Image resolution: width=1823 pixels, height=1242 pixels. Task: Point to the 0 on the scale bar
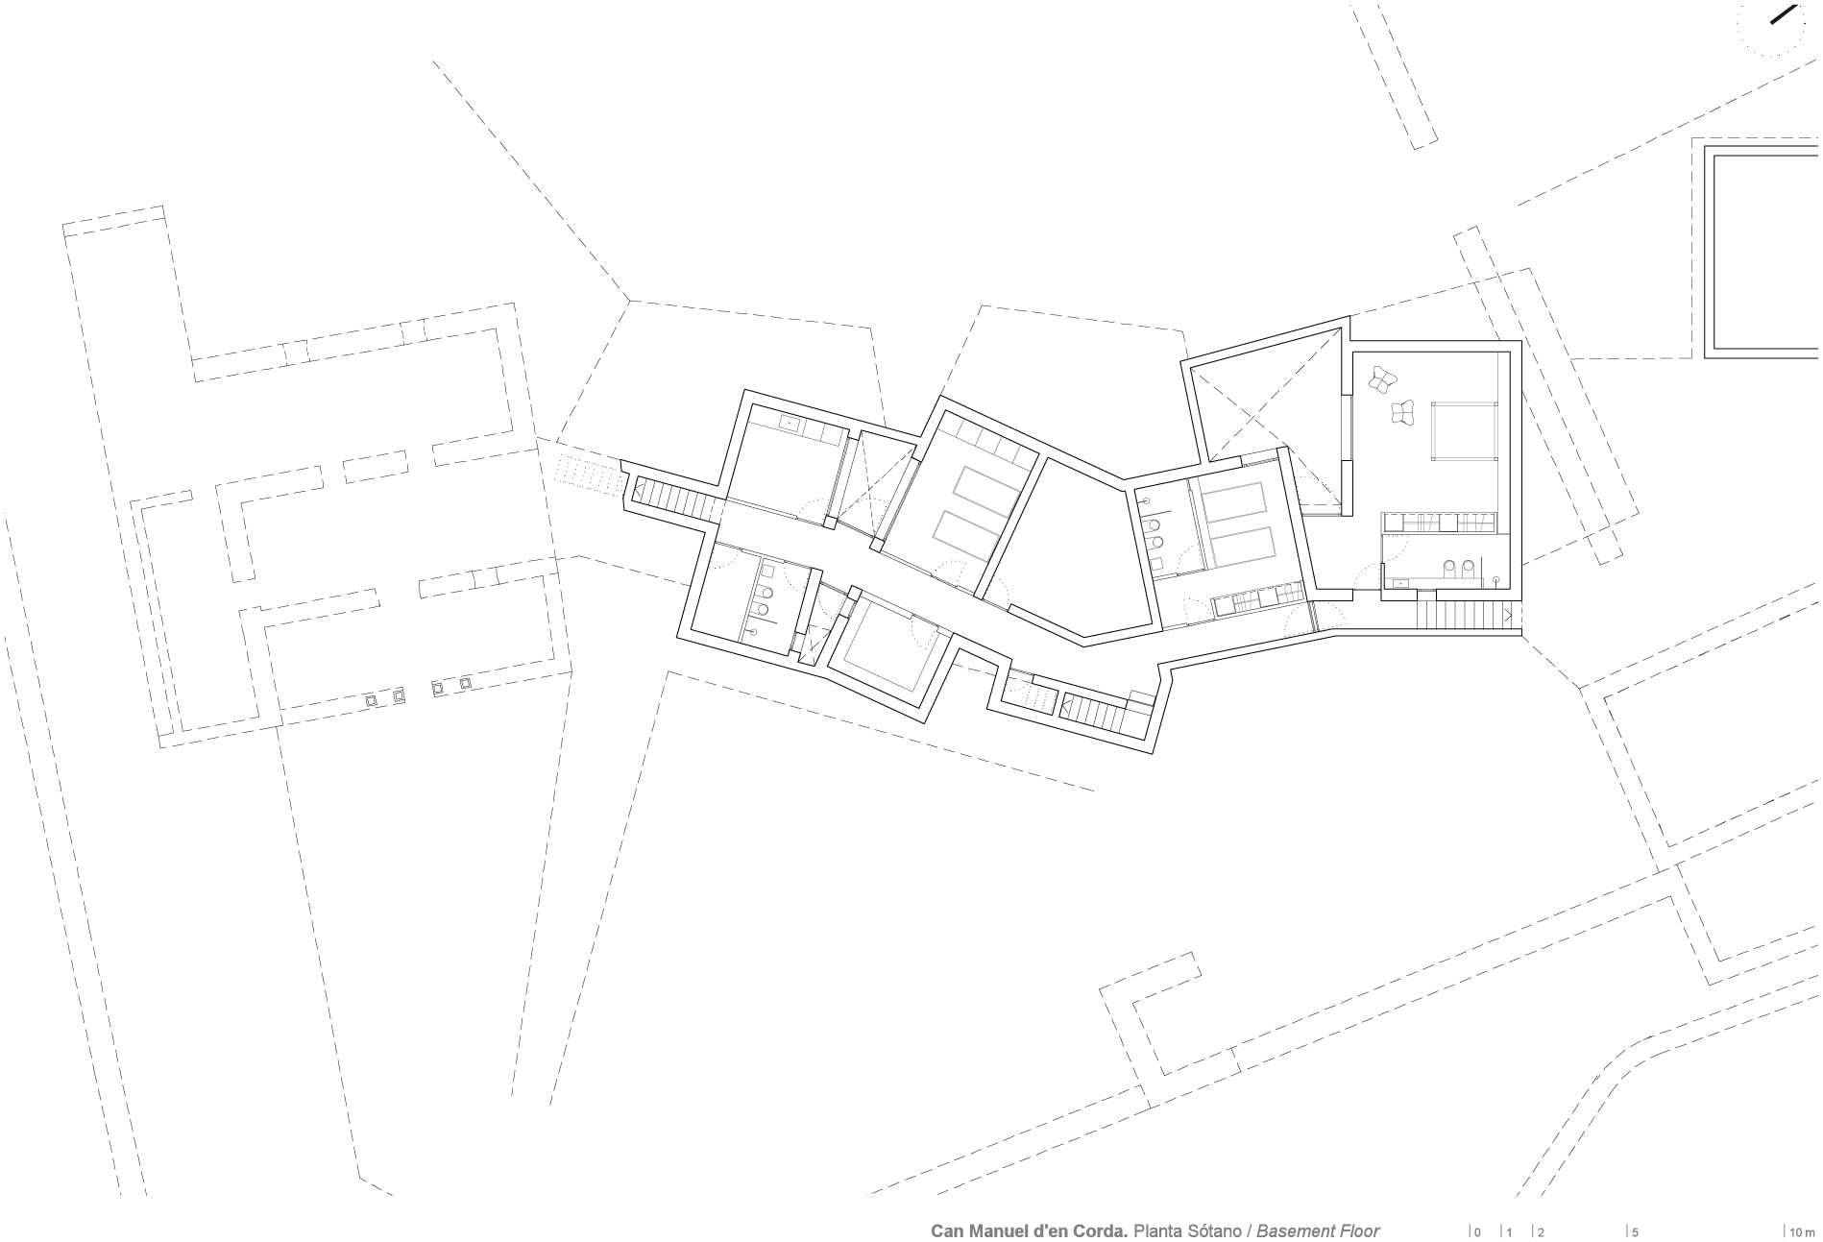pyautogui.click(x=1477, y=1231)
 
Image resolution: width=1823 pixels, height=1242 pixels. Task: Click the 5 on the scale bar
pyautogui.click(x=1635, y=1231)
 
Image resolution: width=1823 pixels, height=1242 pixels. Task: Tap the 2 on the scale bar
pyautogui.click(x=1541, y=1231)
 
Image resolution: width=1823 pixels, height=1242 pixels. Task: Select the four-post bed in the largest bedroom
pyautogui.click(x=1466, y=432)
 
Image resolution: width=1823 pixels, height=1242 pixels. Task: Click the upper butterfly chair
pyautogui.click(x=1382, y=379)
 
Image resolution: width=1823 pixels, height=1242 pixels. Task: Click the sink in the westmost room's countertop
pyautogui.click(x=791, y=423)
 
